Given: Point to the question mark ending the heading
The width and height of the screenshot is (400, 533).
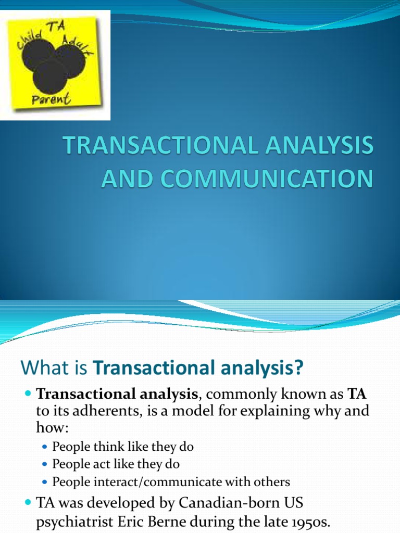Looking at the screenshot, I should (x=298, y=369).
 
